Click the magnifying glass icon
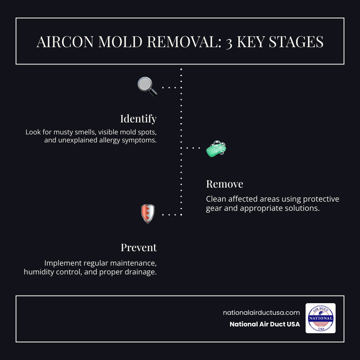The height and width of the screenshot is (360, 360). [147, 86]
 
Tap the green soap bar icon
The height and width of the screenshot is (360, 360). [216, 148]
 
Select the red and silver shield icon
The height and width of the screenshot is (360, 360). [148, 214]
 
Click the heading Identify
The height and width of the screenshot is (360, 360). [138, 119]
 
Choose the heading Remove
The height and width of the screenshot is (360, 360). [224, 184]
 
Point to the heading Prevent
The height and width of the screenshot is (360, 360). [139, 248]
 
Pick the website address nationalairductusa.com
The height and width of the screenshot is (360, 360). [261, 312]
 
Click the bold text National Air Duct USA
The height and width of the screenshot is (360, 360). [264, 324]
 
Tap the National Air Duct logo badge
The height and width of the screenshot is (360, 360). [320, 318]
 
